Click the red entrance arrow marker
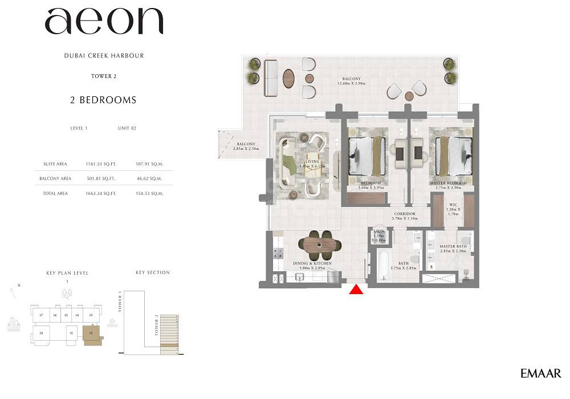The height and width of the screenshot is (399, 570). [x=356, y=290]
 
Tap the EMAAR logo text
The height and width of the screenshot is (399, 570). [x=540, y=373]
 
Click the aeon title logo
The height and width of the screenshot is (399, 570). [x=104, y=23]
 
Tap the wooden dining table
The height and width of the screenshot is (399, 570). [x=319, y=244]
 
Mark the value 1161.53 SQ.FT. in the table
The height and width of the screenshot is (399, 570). [x=100, y=164]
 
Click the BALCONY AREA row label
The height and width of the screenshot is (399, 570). [x=56, y=179]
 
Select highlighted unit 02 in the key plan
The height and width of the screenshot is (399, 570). [x=91, y=333]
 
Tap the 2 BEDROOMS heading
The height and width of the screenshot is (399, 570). [x=103, y=100]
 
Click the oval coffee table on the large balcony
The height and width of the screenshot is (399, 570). [x=289, y=78]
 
